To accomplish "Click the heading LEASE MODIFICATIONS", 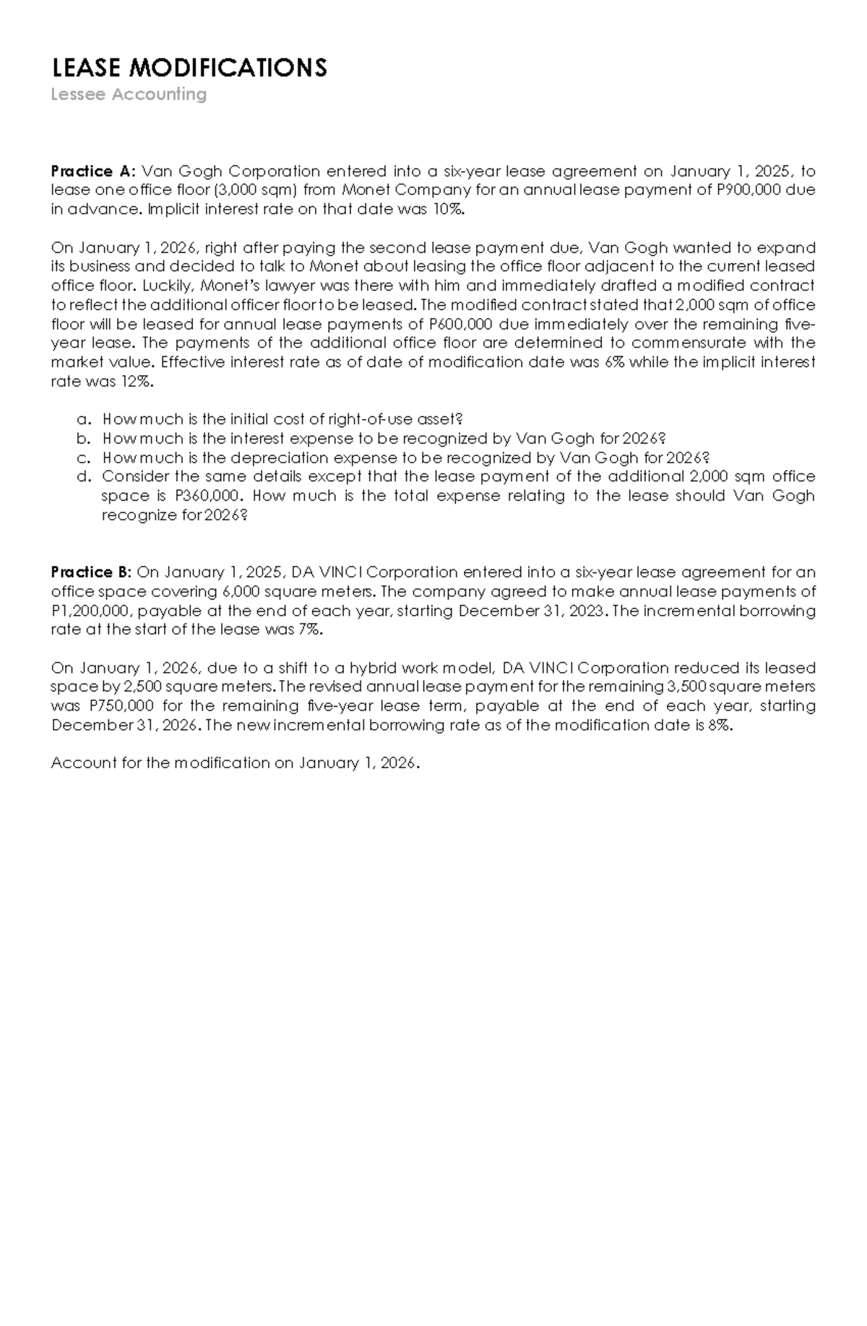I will pos(189,68).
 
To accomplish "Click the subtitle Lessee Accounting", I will pos(129,95).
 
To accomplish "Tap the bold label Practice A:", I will pos(92,171).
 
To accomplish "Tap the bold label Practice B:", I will pos(91,572).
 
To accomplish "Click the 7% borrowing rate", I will pos(308,629).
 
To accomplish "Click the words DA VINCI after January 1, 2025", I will pos(327,572).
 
